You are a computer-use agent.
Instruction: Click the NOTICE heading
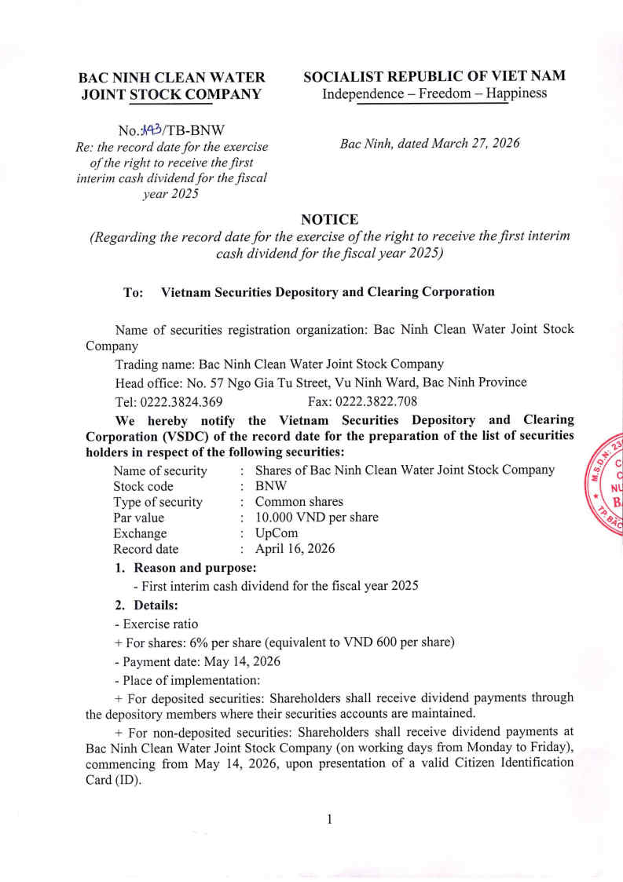[329, 220]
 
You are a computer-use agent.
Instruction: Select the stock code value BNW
[272, 486]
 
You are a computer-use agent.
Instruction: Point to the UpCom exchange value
[277, 533]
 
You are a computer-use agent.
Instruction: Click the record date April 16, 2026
[295, 549]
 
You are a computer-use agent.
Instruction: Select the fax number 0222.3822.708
[380, 401]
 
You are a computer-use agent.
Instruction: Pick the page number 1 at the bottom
[330, 819]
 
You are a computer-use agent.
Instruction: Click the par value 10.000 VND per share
[317, 518]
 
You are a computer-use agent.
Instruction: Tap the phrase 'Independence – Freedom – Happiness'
[434, 94]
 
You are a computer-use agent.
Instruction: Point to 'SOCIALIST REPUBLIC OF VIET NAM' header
[434, 76]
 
